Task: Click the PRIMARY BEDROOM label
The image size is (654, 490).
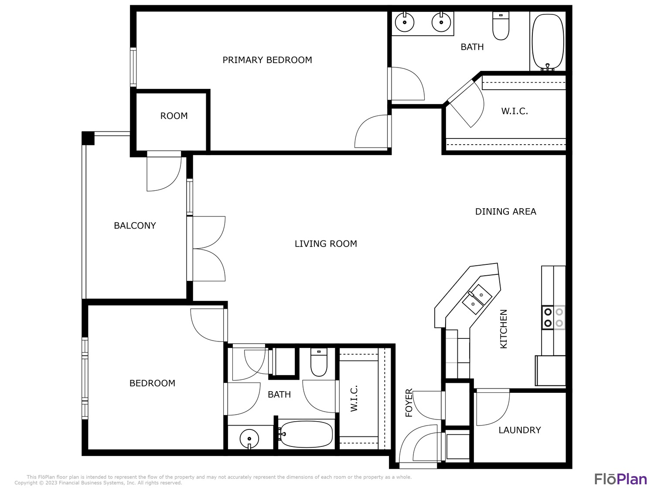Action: pos(267,60)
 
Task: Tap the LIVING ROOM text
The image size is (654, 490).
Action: pos(326,243)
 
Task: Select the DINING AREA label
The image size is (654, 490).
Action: pos(505,212)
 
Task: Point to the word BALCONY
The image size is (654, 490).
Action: pos(135,226)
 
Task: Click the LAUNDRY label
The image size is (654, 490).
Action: pos(520,430)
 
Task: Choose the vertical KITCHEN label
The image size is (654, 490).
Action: pos(503,329)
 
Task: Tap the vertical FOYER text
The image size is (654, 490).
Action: pos(409,402)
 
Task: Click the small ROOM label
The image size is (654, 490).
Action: pos(174,116)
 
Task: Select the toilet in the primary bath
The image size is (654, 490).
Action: pos(501,26)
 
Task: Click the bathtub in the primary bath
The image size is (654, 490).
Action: pos(548,42)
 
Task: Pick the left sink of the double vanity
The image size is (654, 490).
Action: pos(404,22)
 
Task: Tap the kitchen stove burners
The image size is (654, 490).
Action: pos(553,318)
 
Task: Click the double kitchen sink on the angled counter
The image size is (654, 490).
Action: pos(477,299)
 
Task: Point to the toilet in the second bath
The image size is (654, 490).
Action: pos(319,362)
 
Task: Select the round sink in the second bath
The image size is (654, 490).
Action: pos(249,439)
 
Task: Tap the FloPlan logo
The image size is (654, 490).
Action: pos(620,479)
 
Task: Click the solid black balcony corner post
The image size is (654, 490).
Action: pos(88,138)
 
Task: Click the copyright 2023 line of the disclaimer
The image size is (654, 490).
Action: pos(99,483)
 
